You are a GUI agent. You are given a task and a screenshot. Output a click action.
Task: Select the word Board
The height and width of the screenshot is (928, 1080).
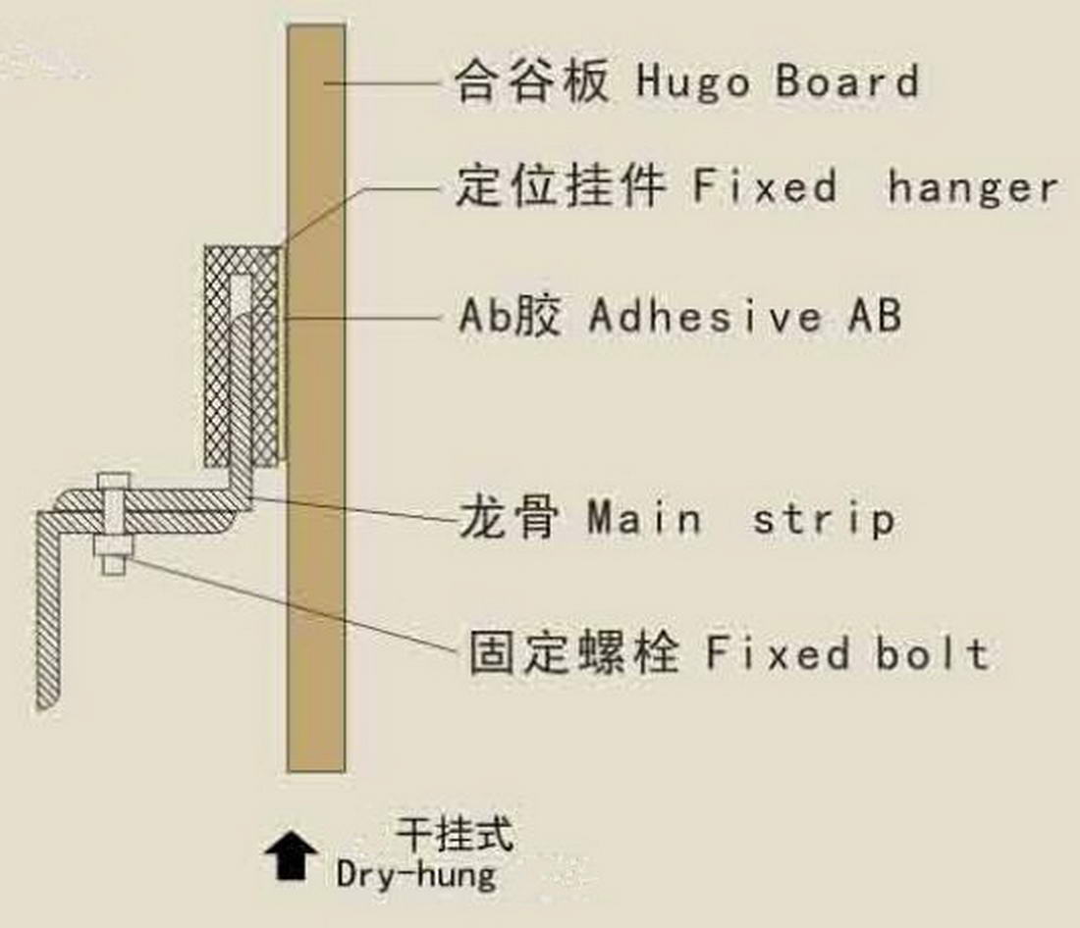pyautogui.click(x=847, y=81)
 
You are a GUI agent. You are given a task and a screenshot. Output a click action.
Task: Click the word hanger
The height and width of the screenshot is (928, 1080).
pyautogui.click(x=972, y=186)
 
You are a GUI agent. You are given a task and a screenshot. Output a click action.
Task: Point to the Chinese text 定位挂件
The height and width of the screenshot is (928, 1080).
pyautogui.click(x=561, y=186)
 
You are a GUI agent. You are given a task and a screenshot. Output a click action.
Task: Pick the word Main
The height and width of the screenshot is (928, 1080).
pyautogui.click(x=644, y=517)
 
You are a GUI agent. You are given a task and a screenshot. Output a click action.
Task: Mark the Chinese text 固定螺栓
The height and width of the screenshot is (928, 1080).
pyautogui.click(x=572, y=652)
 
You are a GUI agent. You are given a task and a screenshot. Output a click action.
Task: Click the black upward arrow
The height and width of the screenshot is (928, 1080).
pyautogui.click(x=292, y=856)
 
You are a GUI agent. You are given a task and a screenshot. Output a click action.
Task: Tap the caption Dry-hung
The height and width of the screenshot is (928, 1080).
pyautogui.click(x=416, y=873)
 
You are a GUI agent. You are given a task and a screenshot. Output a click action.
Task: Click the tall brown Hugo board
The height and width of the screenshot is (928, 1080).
pyautogui.click(x=316, y=589)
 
